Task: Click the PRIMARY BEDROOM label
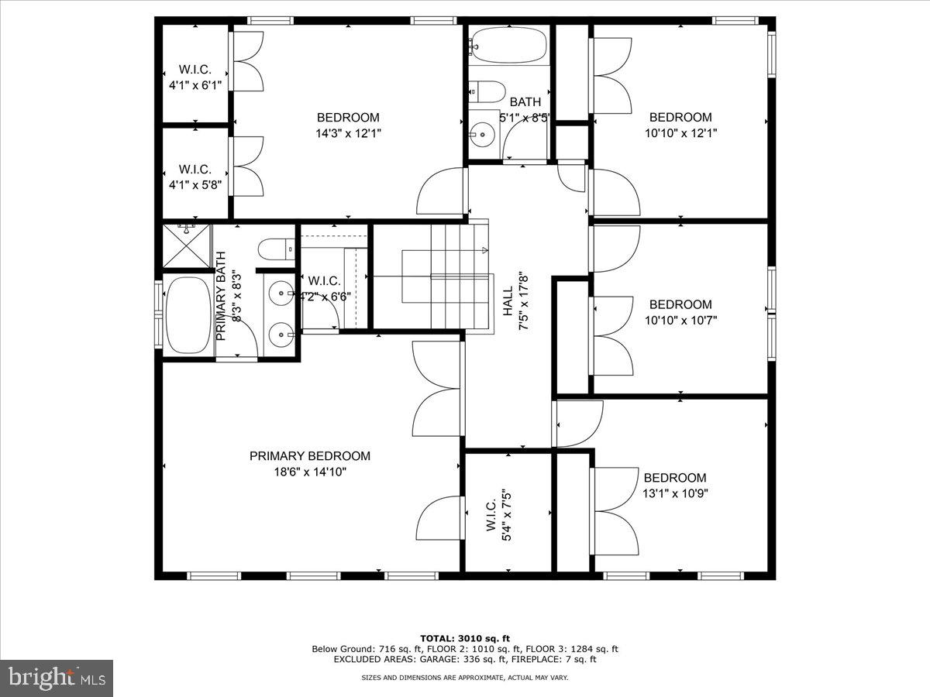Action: (x=309, y=456)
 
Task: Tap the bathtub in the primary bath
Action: (x=187, y=315)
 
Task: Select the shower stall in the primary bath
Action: (x=187, y=245)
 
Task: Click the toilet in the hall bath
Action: (x=487, y=91)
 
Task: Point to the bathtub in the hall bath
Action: (x=508, y=45)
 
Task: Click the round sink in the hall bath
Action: (x=484, y=134)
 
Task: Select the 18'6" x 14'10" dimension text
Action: (x=309, y=472)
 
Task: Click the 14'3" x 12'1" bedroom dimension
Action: (x=348, y=132)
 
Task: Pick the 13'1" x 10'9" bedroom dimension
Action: (x=675, y=493)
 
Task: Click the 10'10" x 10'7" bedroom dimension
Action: (x=680, y=319)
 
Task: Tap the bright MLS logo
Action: (x=57, y=678)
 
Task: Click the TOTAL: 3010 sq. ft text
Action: (x=464, y=638)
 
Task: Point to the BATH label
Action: (x=525, y=101)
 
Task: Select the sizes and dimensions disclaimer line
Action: (x=464, y=678)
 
